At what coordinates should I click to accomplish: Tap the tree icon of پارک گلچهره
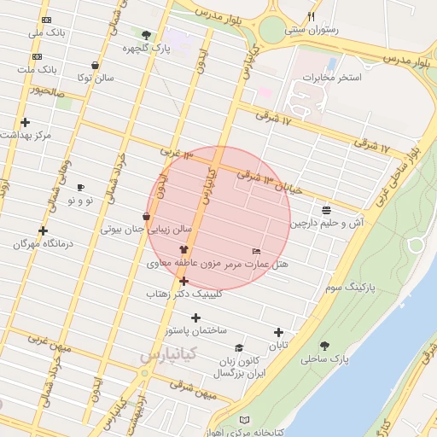point(146,36)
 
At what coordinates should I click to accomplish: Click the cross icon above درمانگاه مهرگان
point(44,230)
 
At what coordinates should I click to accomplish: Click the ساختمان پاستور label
point(196,329)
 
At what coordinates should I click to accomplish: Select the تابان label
point(279,346)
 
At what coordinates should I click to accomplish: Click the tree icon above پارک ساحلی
point(323,346)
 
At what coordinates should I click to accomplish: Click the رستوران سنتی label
point(310,29)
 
